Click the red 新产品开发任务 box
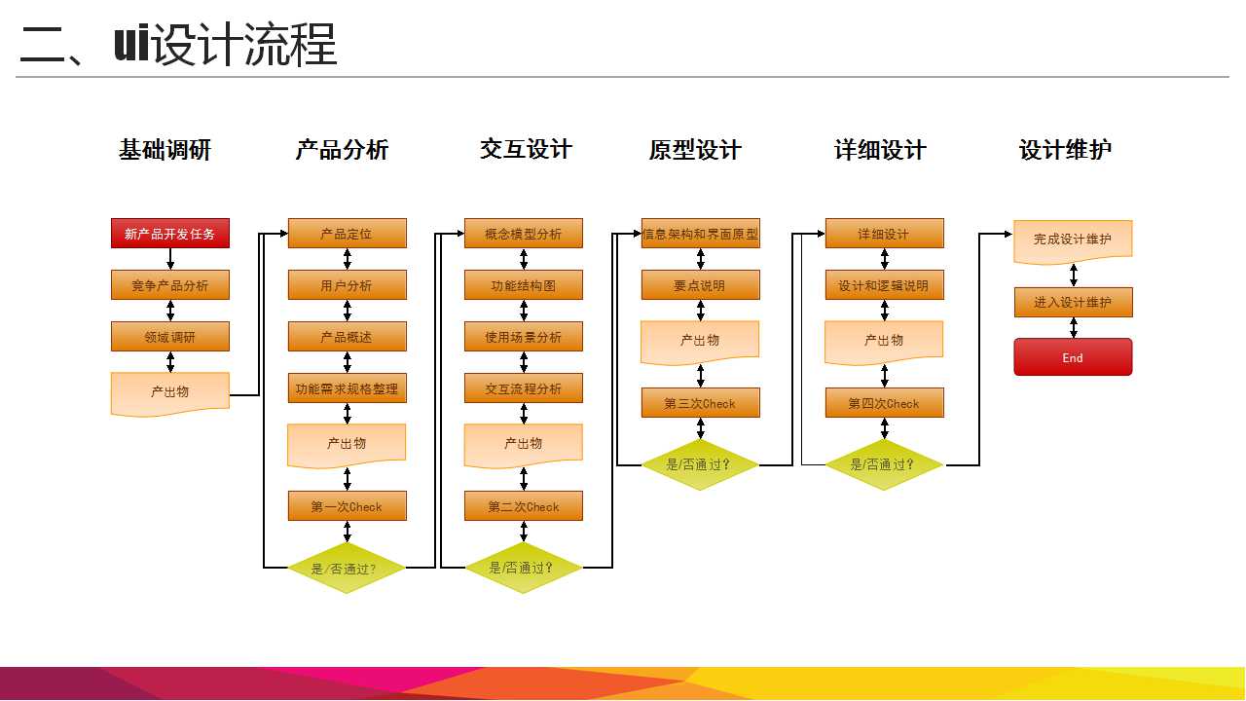tap(170, 233)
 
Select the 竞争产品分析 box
tap(170, 285)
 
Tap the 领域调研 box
tap(170, 337)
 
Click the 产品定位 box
tap(348, 233)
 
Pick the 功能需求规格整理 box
tap(348, 388)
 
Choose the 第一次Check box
tap(348, 506)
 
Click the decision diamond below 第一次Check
tap(347, 568)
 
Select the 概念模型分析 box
tap(524, 233)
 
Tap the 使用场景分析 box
tap(524, 337)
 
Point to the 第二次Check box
tap(524, 506)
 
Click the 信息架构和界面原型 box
tap(700, 233)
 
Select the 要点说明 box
tap(700, 285)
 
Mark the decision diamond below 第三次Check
tap(700, 464)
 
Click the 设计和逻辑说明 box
tap(885, 285)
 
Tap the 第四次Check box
tap(885, 403)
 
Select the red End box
tap(1073, 357)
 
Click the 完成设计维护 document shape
tap(1073, 241)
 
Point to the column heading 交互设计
tap(527, 149)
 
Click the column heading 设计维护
tap(1065, 149)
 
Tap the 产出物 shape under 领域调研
tap(170, 393)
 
